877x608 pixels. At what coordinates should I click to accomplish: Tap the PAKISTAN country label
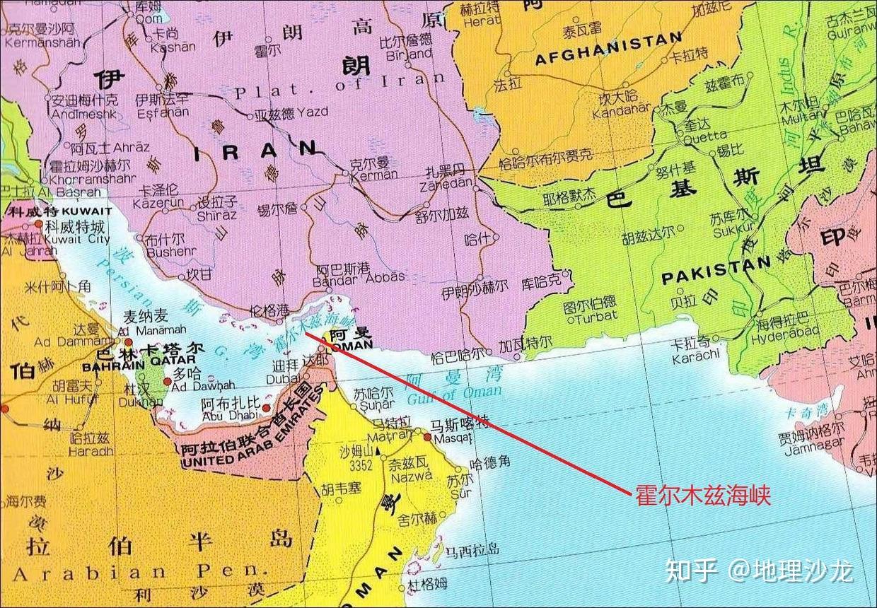(716, 271)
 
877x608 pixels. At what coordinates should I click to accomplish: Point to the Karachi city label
(696, 353)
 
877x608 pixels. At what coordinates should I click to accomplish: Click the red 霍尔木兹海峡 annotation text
(703, 494)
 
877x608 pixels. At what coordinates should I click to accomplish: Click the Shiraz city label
(216, 214)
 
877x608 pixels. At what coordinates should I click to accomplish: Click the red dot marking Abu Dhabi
(266, 408)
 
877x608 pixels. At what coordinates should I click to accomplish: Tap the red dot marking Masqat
(427, 438)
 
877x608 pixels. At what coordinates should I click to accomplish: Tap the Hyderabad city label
(780, 332)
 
